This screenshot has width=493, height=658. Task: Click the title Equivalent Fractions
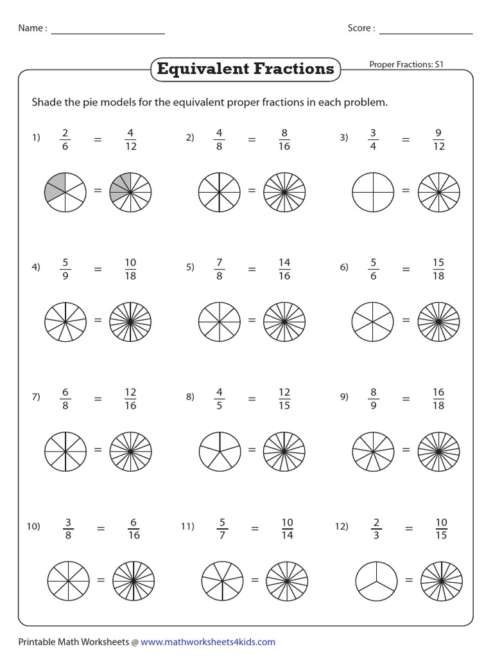pyautogui.click(x=245, y=69)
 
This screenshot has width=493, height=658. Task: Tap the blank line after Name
pyautogui.click(x=108, y=29)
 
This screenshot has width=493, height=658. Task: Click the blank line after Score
pyautogui.click(x=426, y=29)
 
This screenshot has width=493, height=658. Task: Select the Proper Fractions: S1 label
pyautogui.click(x=407, y=64)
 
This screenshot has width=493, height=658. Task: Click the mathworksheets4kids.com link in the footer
pyautogui.click(x=208, y=641)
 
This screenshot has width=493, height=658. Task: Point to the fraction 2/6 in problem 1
pyautogui.click(x=65, y=139)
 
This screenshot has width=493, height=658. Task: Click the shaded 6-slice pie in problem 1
pyautogui.click(x=65, y=190)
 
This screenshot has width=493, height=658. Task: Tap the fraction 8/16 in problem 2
pyautogui.click(x=284, y=139)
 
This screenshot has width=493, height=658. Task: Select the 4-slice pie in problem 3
pyautogui.click(x=373, y=191)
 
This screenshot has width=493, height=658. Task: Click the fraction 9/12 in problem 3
pyautogui.click(x=438, y=139)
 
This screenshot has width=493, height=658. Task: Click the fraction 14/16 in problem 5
pyautogui.click(x=284, y=269)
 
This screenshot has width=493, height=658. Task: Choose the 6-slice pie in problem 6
pyautogui.click(x=373, y=320)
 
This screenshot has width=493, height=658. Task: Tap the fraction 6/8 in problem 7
pyautogui.click(x=65, y=398)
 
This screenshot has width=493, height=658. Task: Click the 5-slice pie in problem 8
pyautogui.click(x=220, y=450)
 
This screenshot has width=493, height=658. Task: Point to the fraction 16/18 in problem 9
pyautogui.click(x=438, y=398)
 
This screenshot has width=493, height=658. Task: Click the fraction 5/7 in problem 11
pyautogui.click(x=222, y=528)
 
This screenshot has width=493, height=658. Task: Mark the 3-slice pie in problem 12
pyautogui.click(x=376, y=580)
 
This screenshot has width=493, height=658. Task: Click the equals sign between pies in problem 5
pyautogui.click(x=252, y=320)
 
